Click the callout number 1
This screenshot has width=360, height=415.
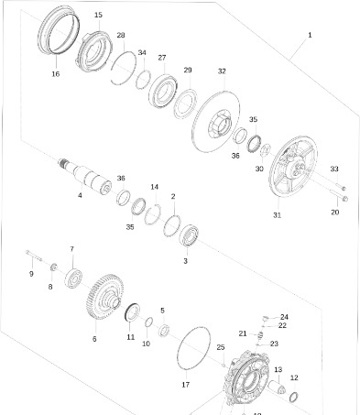(x=310, y=35)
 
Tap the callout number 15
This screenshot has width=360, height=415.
(x=98, y=16)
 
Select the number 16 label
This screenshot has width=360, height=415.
(x=55, y=73)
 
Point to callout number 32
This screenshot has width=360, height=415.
(x=222, y=71)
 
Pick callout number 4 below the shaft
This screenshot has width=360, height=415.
(x=80, y=195)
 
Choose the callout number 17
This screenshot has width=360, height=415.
(x=185, y=384)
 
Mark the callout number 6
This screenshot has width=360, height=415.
(x=93, y=338)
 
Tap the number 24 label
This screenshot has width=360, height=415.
(x=284, y=317)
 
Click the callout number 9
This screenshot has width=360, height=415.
(x=30, y=273)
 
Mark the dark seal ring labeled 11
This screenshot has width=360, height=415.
(x=131, y=311)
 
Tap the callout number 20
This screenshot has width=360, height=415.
(x=334, y=212)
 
